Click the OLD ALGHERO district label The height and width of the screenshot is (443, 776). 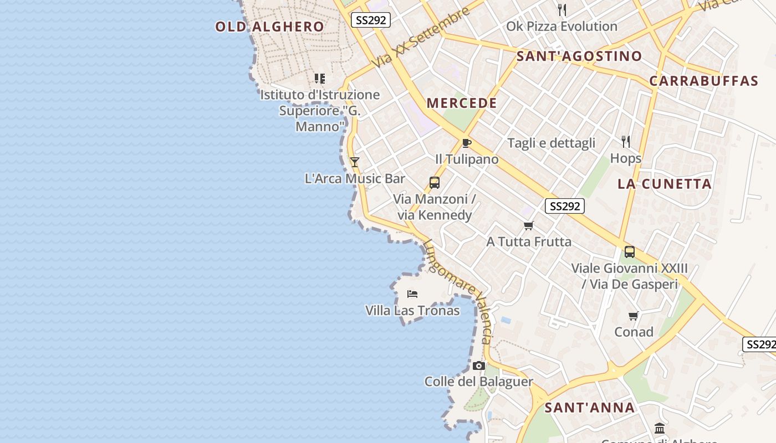pyautogui.click(x=269, y=27)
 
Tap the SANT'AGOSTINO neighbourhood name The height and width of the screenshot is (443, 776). pyautogui.click(x=579, y=56)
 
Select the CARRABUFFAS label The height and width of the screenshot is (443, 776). pyautogui.click(x=703, y=81)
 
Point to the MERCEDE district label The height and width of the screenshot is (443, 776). pyautogui.click(x=462, y=103)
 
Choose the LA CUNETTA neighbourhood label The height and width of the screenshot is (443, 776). pyautogui.click(x=665, y=184)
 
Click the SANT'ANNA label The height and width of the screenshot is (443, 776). pyautogui.click(x=589, y=408)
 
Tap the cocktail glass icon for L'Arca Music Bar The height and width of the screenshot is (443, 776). pyautogui.click(x=355, y=162)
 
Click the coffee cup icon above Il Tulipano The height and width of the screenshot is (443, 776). pyautogui.click(x=467, y=143)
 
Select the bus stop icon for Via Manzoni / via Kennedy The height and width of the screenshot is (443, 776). pyautogui.click(x=435, y=183)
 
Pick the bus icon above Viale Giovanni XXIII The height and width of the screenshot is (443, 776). pyautogui.click(x=630, y=252)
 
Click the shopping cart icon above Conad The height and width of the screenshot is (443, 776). pyautogui.click(x=634, y=316)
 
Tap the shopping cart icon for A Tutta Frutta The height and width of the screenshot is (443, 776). pyautogui.click(x=529, y=225)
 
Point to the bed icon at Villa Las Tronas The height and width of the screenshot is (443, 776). pyautogui.click(x=412, y=293)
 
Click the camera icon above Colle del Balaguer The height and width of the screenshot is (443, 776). pyautogui.click(x=479, y=365)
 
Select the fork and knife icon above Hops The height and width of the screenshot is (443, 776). pyautogui.click(x=626, y=142)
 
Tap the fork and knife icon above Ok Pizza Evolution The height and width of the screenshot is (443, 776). pyautogui.click(x=562, y=9)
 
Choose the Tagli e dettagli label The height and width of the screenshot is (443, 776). pyautogui.click(x=551, y=143)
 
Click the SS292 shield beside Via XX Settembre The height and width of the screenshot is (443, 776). pyautogui.click(x=371, y=20)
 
